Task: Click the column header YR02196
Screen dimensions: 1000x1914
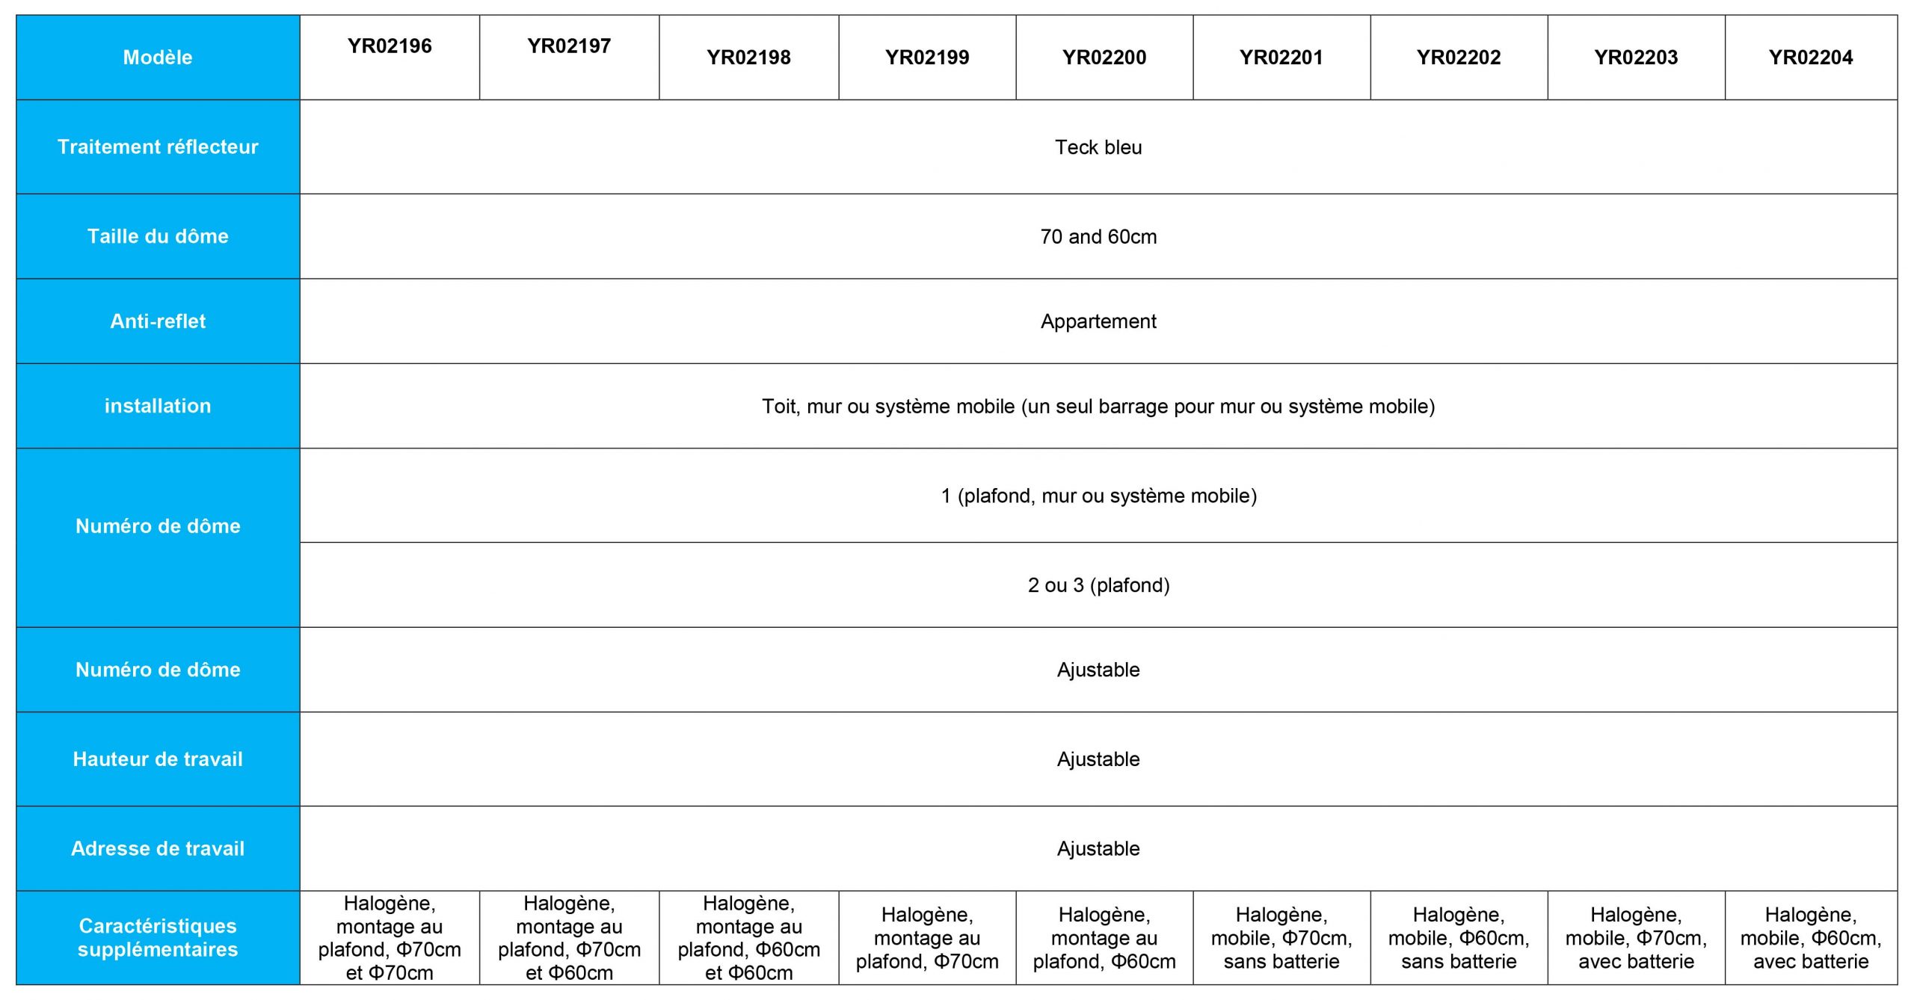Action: [390, 46]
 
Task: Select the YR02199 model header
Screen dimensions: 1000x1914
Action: [927, 58]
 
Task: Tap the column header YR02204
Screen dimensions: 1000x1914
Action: [1810, 58]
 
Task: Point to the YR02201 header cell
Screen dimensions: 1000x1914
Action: [1281, 58]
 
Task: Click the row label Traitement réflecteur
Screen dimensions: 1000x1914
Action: [158, 146]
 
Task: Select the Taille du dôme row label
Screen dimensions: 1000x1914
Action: [158, 236]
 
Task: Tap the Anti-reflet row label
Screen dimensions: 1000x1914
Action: [158, 321]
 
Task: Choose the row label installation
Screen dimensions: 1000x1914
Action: [158, 406]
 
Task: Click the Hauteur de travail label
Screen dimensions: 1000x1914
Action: [158, 759]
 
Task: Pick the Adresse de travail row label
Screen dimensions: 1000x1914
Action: [158, 848]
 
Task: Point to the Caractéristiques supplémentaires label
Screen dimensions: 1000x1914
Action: [158, 937]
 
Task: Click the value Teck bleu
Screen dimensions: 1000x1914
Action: [1098, 147]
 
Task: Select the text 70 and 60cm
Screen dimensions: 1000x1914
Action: [1098, 237]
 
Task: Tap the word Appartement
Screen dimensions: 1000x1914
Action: [1098, 321]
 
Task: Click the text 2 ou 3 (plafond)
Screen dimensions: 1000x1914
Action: [1098, 585]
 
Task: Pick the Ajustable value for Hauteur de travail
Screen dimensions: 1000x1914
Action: [1098, 759]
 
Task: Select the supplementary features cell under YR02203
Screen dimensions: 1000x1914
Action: [1636, 938]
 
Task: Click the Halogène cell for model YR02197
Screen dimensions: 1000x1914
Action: [569, 938]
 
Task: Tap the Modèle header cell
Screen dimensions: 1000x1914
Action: [158, 58]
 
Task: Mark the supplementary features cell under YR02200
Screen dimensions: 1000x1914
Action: [1104, 938]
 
